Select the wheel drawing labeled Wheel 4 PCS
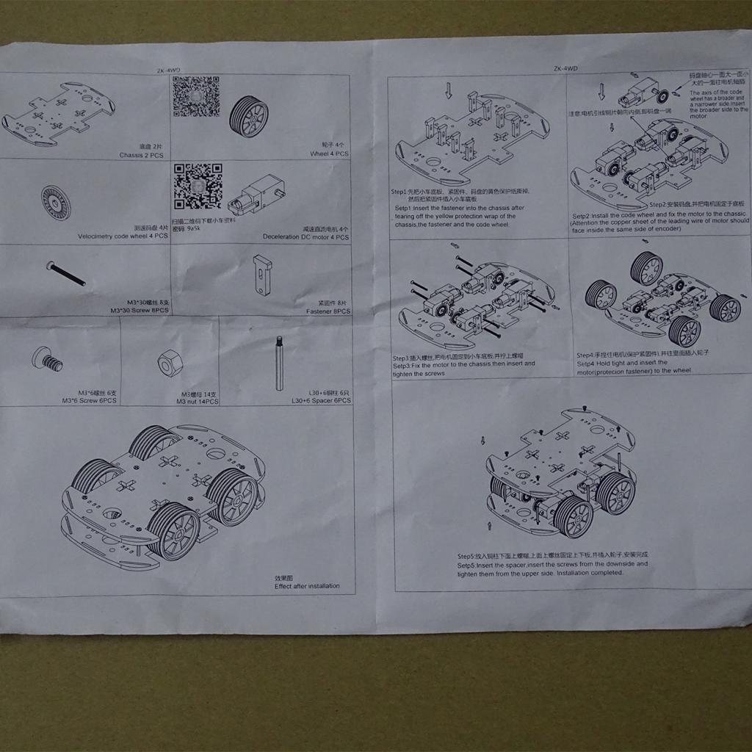tap(249, 115)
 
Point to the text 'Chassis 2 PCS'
tap(141, 156)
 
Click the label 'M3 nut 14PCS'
tap(198, 402)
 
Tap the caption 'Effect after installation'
tap(307, 586)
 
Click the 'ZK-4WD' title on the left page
tap(168, 70)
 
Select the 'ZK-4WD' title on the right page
tap(566, 68)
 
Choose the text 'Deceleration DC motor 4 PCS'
tap(305, 237)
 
